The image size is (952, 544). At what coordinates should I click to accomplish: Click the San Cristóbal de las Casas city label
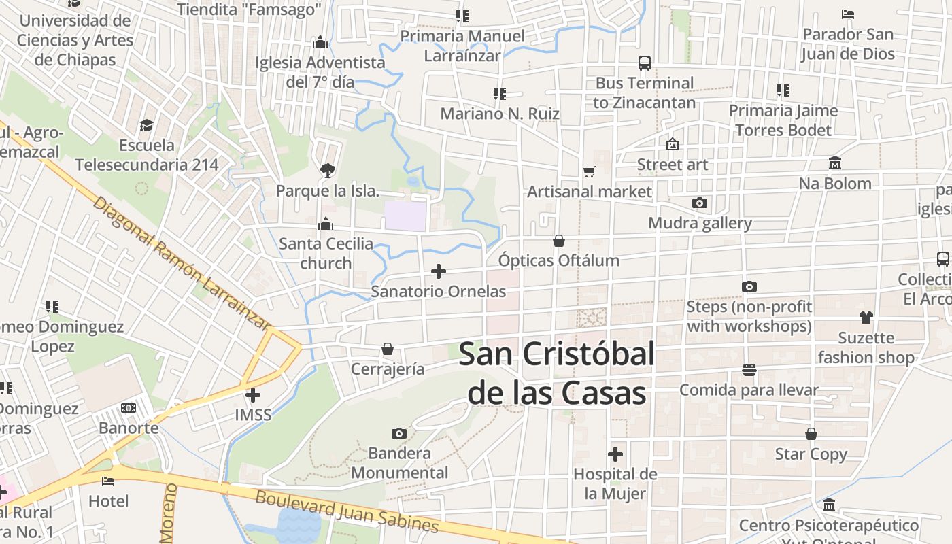coord(556,373)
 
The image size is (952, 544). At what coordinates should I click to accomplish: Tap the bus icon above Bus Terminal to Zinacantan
coord(644,63)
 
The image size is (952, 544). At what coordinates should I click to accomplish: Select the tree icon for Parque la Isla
coord(327,170)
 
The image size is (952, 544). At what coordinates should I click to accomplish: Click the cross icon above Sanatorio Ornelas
coord(439,271)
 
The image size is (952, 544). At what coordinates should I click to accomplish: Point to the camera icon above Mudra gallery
coord(699,203)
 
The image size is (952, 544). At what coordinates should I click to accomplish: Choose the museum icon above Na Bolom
coord(834,163)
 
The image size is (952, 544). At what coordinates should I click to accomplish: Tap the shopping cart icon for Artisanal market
coord(589,171)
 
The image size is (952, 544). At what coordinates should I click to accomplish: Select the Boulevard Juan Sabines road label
coord(347,511)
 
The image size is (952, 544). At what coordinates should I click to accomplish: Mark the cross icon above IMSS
coord(252,394)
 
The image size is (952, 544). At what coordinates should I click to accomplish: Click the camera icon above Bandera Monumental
coord(399,433)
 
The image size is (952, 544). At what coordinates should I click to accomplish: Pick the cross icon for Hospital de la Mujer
coord(615,454)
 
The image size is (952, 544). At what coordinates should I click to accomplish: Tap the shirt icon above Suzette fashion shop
coord(866,317)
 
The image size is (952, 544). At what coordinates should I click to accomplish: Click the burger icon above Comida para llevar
coord(749,370)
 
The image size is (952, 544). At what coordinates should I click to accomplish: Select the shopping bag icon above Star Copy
coord(811,434)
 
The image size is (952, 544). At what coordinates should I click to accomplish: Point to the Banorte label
coord(129,428)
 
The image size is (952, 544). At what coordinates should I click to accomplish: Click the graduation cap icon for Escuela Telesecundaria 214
coord(146,125)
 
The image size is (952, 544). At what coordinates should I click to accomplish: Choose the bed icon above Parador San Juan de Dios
coord(847,14)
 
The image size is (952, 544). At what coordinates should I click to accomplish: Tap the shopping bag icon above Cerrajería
coord(388,349)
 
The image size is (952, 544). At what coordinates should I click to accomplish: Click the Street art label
coord(672,165)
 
